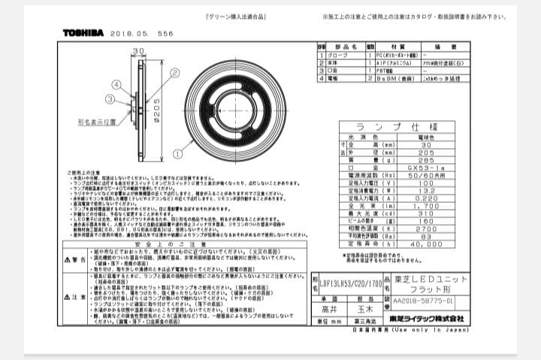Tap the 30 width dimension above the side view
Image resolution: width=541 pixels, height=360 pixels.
click(138, 52)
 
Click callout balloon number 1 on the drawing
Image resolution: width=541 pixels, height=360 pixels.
click(177, 152)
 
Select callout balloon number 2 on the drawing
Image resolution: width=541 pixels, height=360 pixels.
click(174, 72)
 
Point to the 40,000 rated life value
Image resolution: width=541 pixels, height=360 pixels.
click(426, 244)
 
